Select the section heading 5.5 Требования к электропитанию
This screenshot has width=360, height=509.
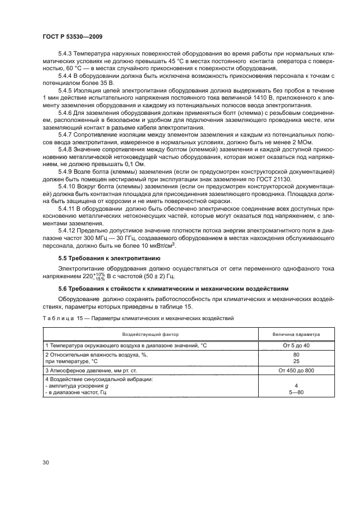tap(109, 258)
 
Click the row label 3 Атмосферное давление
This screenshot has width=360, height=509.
tap(87, 370)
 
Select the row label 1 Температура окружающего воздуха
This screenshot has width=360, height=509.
tap(125, 346)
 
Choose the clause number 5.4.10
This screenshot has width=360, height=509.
tap(66, 186)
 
